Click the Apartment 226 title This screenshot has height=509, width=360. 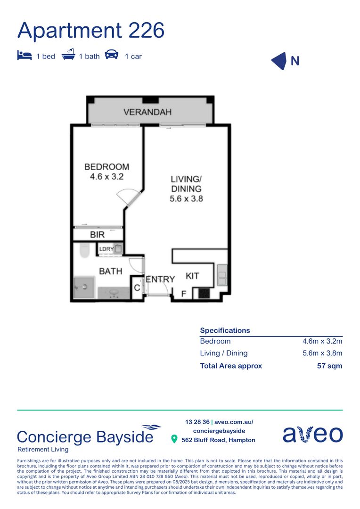click(91, 30)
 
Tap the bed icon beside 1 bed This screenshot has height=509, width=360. click(24, 55)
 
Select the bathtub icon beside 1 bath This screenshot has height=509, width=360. click(68, 55)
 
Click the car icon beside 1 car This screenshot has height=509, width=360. click(112, 55)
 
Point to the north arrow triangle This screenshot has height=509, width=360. click(279, 61)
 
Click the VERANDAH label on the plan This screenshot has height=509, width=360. click(147, 112)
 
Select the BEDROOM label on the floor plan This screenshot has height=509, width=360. click(106, 167)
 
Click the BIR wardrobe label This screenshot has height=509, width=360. click(97, 234)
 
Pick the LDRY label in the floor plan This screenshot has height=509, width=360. click(106, 249)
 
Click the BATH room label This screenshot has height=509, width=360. click(110, 271)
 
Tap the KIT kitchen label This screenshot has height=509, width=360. click(192, 276)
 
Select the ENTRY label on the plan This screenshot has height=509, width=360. click(160, 279)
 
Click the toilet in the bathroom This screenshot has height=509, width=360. click(84, 250)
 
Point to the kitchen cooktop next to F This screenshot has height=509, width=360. click(204, 294)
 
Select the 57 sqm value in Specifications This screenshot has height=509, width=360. click(329, 366)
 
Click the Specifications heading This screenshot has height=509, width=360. click(225, 330)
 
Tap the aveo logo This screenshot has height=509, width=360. click(312, 434)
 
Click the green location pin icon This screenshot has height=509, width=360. click(175, 439)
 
